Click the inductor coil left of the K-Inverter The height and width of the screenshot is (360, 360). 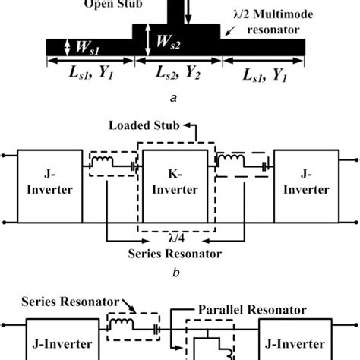101,162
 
